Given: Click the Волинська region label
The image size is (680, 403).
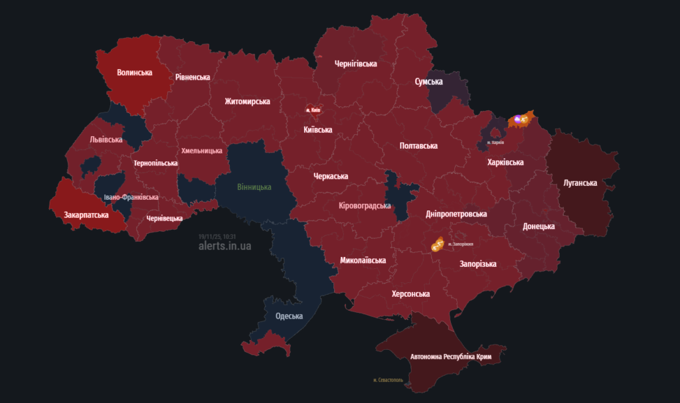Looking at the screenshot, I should [135, 72].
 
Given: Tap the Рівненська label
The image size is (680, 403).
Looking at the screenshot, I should [193, 77].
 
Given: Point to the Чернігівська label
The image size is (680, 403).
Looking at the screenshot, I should [356, 64].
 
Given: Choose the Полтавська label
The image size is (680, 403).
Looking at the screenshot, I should [418, 145].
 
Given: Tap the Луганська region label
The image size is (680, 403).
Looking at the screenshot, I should [580, 183].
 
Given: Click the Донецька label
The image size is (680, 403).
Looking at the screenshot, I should [539, 226].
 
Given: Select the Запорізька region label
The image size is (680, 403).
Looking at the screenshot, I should [478, 264].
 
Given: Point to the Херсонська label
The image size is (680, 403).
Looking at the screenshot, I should [410, 293].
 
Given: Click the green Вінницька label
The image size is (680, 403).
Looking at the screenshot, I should [254, 187].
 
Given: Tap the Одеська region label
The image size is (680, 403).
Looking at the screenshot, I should [289, 316].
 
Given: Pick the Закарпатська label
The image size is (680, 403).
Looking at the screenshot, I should [87, 214].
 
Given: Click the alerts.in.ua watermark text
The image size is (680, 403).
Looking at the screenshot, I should [225, 246].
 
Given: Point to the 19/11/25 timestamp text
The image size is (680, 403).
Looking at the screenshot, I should [217, 236].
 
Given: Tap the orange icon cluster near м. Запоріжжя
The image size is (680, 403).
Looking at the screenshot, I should [437, 245].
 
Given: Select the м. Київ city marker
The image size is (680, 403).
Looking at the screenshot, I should [313, 109].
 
